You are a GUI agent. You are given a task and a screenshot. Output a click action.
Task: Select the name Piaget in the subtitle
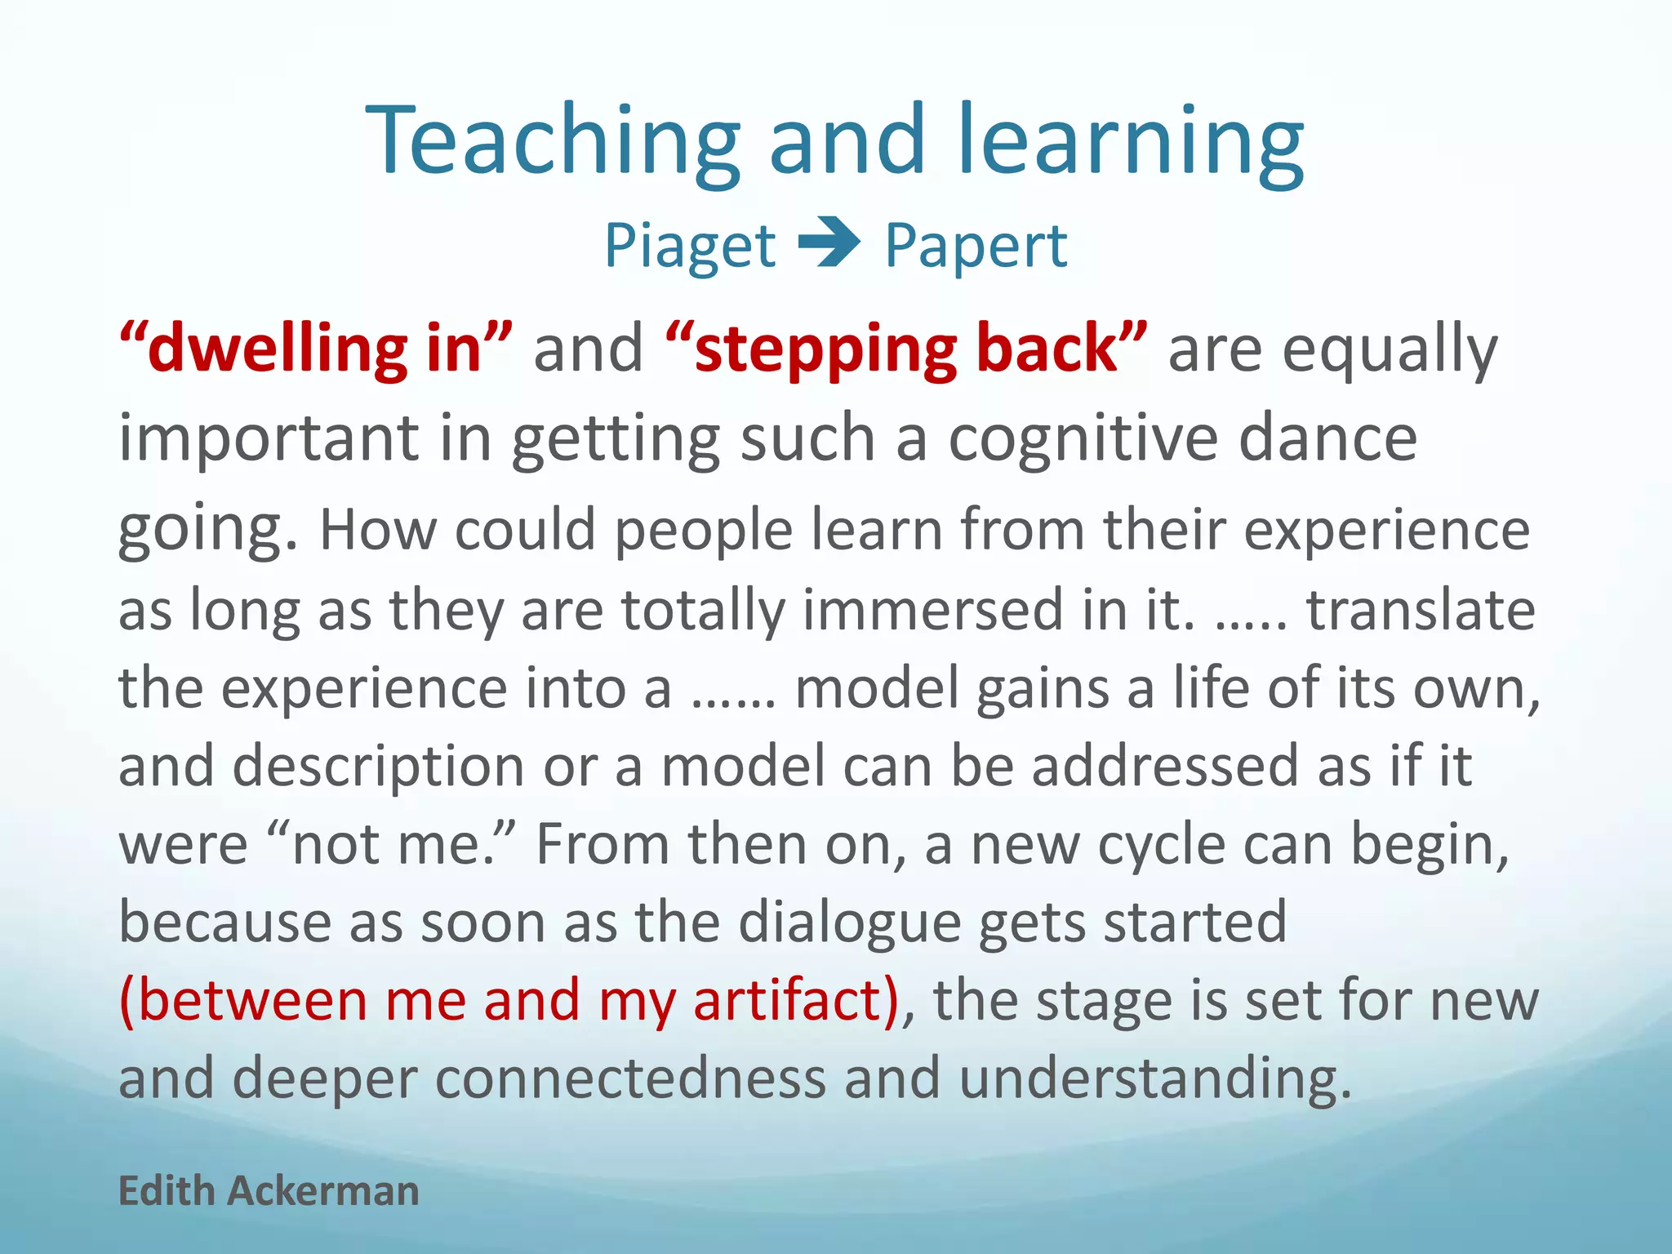click(x=690, y=247)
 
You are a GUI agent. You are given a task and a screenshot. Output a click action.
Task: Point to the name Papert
click(x=976, y=247)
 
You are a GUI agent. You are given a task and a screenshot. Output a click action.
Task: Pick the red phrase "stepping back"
click(x=906, y=349)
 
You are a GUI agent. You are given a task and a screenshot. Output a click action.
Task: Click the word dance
click(x=1327, y=439)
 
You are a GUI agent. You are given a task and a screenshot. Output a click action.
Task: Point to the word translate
click(x=1421, y=610)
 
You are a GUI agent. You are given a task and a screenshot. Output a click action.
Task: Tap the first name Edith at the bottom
click(x=167, y=1191)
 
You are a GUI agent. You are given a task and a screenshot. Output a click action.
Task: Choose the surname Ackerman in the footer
click(x=323, y=1191)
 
